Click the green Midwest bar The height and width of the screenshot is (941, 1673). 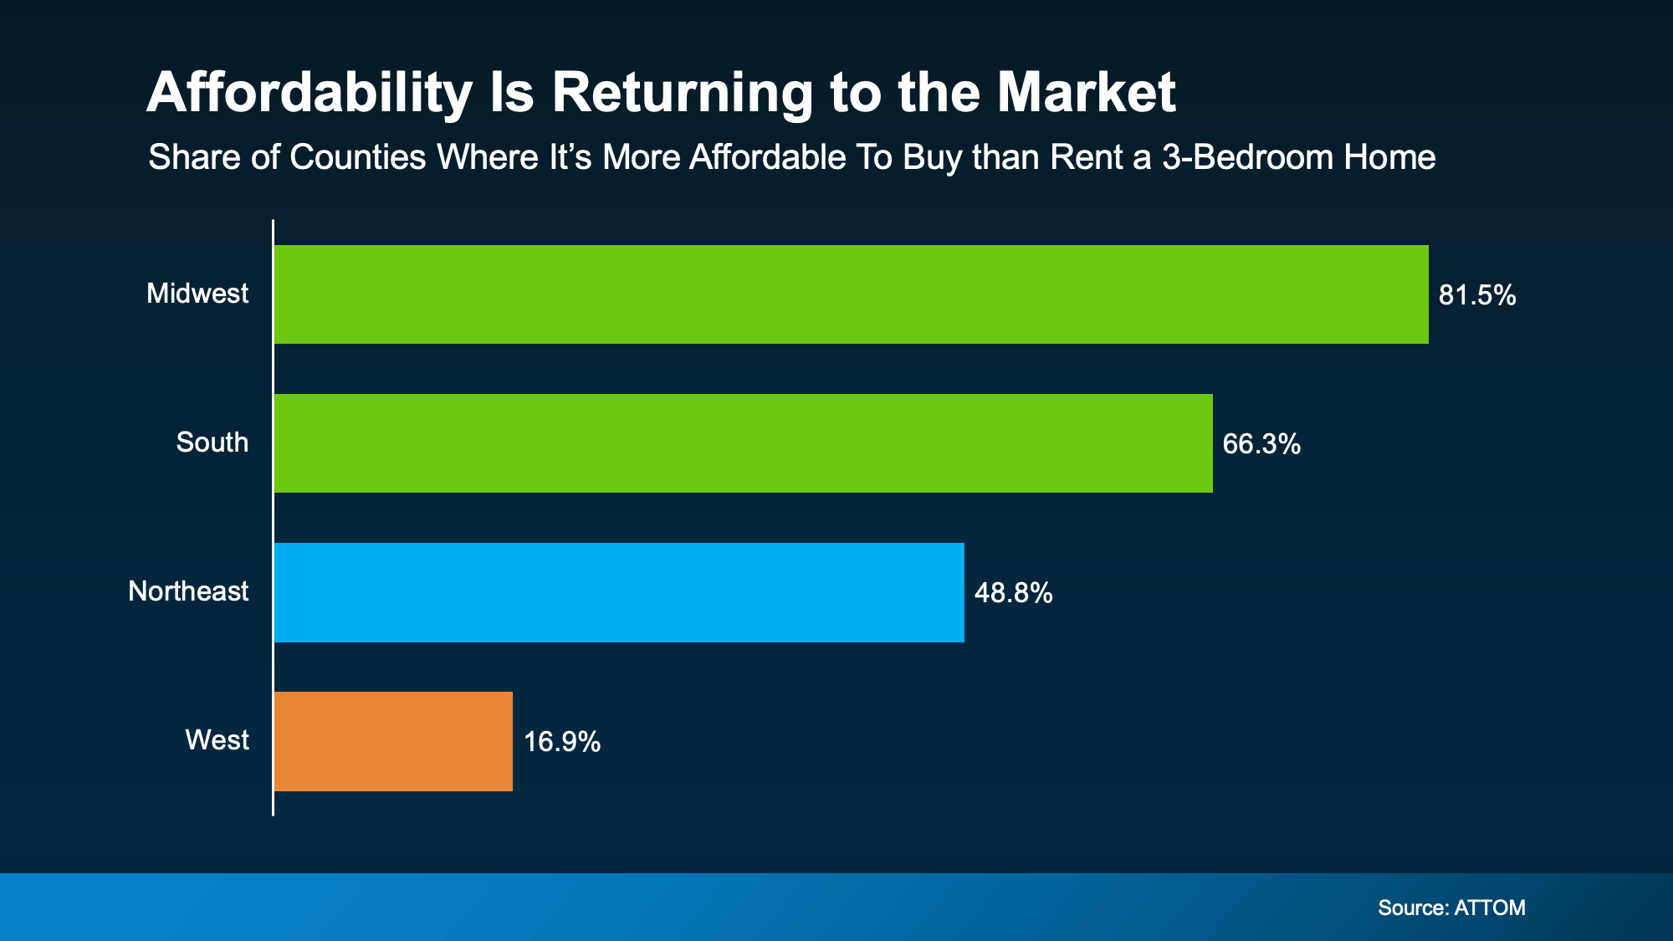851,294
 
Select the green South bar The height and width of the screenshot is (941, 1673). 743,443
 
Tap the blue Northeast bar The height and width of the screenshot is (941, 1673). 619,592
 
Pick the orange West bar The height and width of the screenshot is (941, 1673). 393,741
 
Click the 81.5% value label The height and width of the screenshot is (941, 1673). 1476,295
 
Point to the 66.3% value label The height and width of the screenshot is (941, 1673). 1261,444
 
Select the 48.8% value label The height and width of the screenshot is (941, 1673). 1013,593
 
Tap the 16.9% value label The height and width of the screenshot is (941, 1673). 561,742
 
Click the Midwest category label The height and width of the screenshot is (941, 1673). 197,294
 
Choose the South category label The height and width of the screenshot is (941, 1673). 212,442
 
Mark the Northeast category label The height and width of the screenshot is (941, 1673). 188,591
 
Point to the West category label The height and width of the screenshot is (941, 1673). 217,740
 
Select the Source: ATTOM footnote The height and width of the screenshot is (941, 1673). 1451,908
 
